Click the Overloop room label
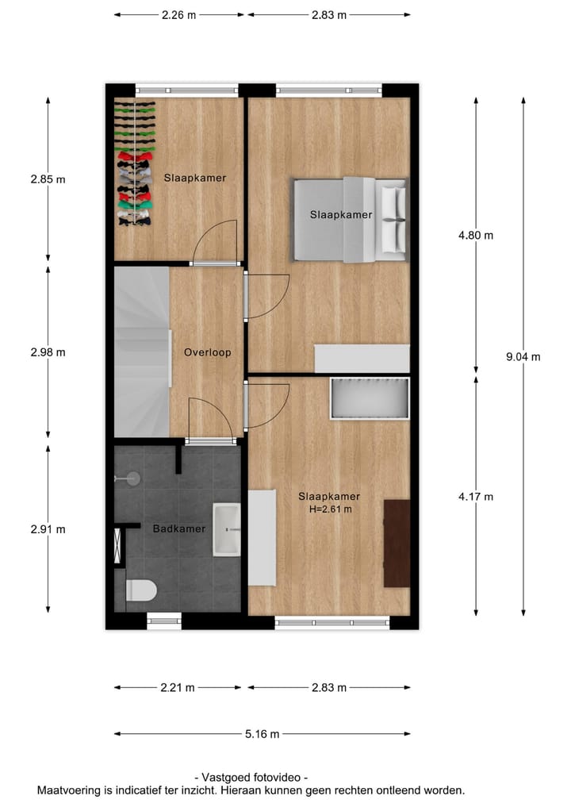pyautogui.click(x=208, y=352)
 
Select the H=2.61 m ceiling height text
pyautogui.click(x=329, y=509)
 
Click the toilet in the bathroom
pyautogui.click(x=143, y=590)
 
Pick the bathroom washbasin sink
pyautogui.click(x=228, y=529)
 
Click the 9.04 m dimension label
pyautogui.click(x=523, y=356)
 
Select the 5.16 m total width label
pyautogui.click(x=263, y=734)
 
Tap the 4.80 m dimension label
pyautogui.click(x=477, y=236)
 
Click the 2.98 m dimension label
pyautogui.click(x=48, y=352)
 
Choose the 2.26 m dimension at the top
pyautogui.click(x=178, y=14)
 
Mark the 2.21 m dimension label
pyautogui.click(x=178, y=688)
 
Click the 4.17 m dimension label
pyautogui.click(x=477, y=498)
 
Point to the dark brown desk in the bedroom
pyautogui.click(x=397, y=544)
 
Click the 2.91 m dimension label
pyautogui.click(x=48, y=529)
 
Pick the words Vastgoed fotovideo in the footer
pyautogui.click(x=251, y=778)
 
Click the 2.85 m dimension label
pyautogui.click(x=48, y=179)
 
